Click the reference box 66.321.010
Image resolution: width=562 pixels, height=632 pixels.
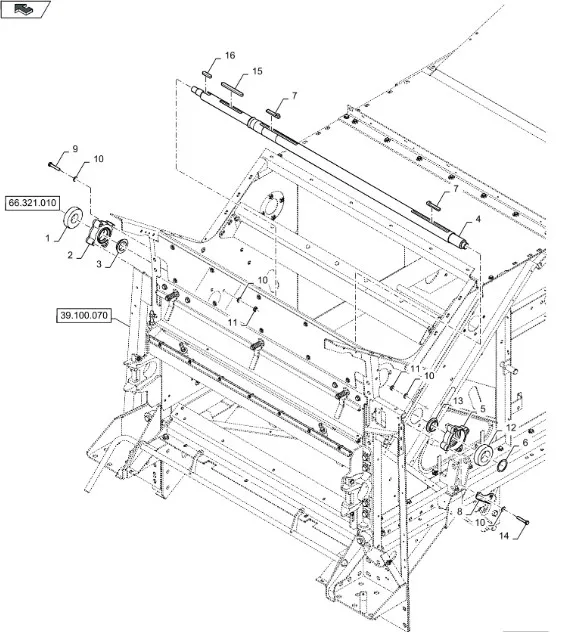[x=32, y=203]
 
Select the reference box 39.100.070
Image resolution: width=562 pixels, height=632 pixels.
[x=84, y=315]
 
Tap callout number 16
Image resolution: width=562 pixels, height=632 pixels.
[x=230, y=55]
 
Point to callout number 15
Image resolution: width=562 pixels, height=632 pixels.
[x=257, y=71]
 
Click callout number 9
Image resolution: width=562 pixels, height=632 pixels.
[x=75, y=149]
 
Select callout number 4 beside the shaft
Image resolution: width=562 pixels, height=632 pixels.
[x=478, y=219]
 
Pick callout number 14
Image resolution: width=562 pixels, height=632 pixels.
[x=504, y=536]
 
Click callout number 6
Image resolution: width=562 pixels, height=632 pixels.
[x=525, y=442]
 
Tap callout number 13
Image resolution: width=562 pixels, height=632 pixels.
[x=458, y=401]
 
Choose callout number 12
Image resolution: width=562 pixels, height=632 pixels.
[x=511, y=428]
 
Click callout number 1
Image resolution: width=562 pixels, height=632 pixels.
[x=48, y=238]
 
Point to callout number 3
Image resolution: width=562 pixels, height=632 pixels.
[x=99, y=264]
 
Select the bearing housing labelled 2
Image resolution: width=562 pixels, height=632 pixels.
[x=101, y=234]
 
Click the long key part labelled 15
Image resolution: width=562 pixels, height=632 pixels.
[x=232, y=89]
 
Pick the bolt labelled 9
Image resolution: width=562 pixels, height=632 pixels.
[x=54, y=166]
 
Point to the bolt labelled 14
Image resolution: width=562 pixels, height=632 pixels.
[x=522, y=521]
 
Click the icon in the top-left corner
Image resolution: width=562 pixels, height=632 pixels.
[x=25, y=9]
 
